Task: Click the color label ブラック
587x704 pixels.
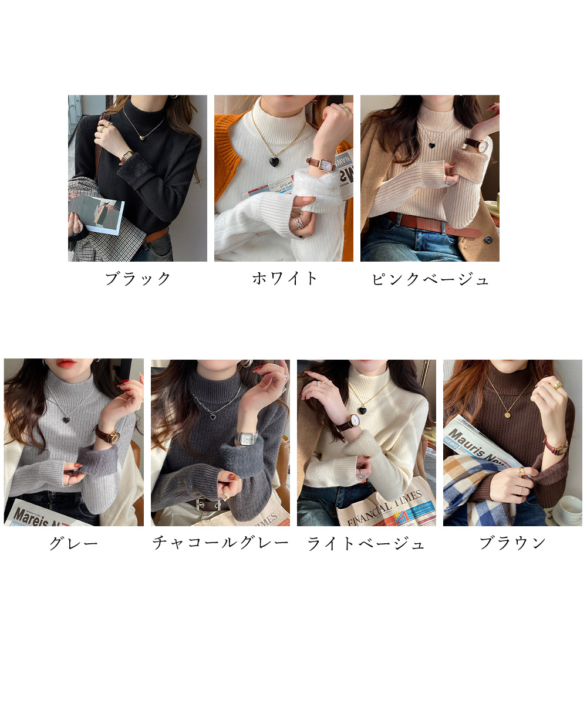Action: (x=138, y=279)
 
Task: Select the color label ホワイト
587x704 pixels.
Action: (x=285, y=279)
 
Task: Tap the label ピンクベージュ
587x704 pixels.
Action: (x=430, y=279)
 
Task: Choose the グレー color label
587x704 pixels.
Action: (x=73, y=543)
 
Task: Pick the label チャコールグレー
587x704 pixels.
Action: (x=220, y=543)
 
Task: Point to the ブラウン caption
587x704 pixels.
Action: (x=512, y=543)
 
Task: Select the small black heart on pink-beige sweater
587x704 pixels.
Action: (x=431, y=144)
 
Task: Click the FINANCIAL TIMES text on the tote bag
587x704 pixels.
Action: (x=384, y=505)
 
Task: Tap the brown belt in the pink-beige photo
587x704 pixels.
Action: (x=431, y=223)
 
